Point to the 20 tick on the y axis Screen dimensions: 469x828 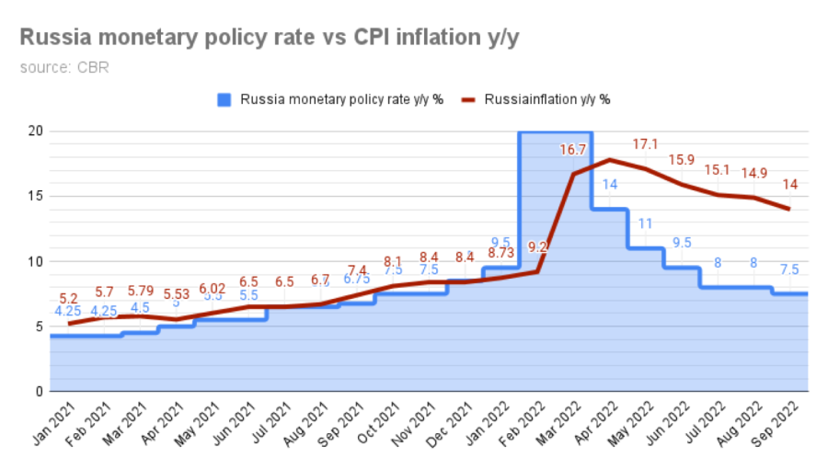35,131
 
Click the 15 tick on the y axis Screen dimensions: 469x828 35,196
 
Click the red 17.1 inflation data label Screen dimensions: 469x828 645,144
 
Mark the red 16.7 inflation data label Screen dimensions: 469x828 574,150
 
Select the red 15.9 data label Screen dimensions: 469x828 681,160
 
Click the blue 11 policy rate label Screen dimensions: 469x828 645,223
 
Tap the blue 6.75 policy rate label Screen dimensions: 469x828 357,279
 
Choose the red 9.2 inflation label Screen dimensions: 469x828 538,246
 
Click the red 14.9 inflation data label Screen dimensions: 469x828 753,173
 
